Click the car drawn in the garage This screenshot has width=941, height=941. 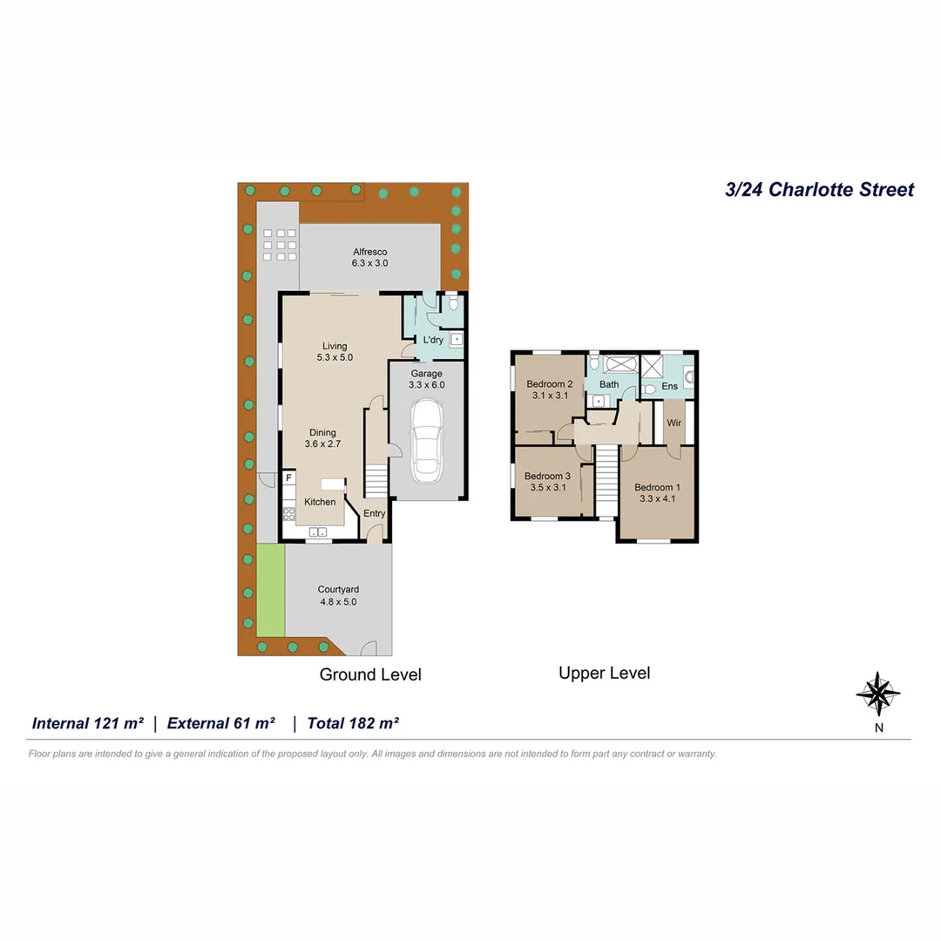click(426, 441)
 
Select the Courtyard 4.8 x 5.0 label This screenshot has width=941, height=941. click(337, 595)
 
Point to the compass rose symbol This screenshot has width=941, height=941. click(878, 694)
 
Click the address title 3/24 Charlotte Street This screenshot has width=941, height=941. click(820, 189)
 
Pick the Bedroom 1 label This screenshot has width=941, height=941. click(657, 493)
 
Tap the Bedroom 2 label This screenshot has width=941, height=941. click(549, 389)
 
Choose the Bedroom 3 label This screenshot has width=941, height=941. click(548, 482)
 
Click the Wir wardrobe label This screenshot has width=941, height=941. click(674, 423)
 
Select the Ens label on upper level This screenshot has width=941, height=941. click(669, 385)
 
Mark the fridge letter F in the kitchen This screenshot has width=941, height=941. click(288, 478)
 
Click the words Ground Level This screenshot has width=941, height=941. click(370, 674)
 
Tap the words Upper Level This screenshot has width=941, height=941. click(604, 673)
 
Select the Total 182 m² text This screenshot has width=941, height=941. click(347, 723)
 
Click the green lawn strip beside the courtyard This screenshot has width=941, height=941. click(271, 590)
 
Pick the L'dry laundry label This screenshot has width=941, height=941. click(432, 340)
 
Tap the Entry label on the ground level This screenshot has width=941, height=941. click(374, 513)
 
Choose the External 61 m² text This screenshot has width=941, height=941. click(221, 723)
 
